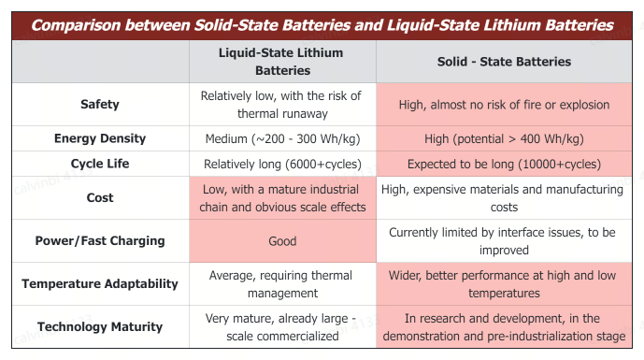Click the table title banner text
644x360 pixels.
coord(322,25)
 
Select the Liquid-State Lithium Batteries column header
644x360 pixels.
coord(281,62)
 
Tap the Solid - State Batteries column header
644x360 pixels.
coord(504,62)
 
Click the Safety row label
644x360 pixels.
coord(99,104)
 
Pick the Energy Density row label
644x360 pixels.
coord(99,138)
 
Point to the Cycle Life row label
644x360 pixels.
coord(99,164)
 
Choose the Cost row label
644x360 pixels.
coord(99,198)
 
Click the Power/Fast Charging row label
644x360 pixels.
coord(99,240)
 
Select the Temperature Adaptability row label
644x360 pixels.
coord(99,283)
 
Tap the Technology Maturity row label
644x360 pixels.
coord(99,326)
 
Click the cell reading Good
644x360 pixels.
coord(281,240)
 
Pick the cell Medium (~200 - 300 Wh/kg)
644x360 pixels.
coord(281,138)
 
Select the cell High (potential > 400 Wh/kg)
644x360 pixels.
coord(504,138)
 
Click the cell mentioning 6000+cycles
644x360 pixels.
coord(281,164)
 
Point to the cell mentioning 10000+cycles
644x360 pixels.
coord(504,164)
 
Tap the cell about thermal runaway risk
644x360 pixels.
coord(281,104)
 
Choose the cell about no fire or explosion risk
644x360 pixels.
coord(504,104)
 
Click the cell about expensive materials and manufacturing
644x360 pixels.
coord(504,198)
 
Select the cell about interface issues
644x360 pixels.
coord(504,240)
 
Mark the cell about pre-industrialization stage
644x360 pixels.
coord(504,326)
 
